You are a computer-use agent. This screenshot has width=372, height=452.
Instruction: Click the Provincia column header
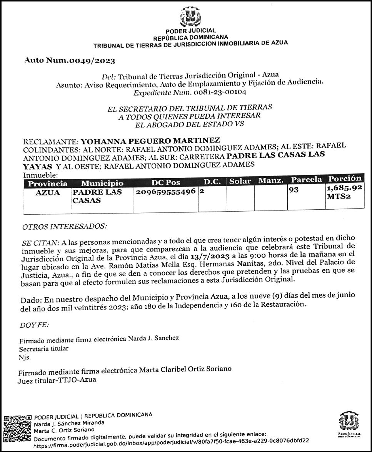48,183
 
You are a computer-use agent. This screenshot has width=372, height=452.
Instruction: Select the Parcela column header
306,180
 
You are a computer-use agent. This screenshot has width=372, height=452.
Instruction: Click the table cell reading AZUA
48,193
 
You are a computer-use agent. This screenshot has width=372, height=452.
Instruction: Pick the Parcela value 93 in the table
294,190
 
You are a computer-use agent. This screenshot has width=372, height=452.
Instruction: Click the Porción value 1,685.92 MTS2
344,192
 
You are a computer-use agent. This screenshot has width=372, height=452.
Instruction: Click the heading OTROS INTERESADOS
64,227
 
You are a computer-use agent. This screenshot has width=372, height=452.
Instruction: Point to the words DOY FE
34,325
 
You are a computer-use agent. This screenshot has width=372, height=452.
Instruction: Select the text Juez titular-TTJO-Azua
57,380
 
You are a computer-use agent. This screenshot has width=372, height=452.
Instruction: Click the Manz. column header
270,180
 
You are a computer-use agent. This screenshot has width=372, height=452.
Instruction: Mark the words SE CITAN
40,243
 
